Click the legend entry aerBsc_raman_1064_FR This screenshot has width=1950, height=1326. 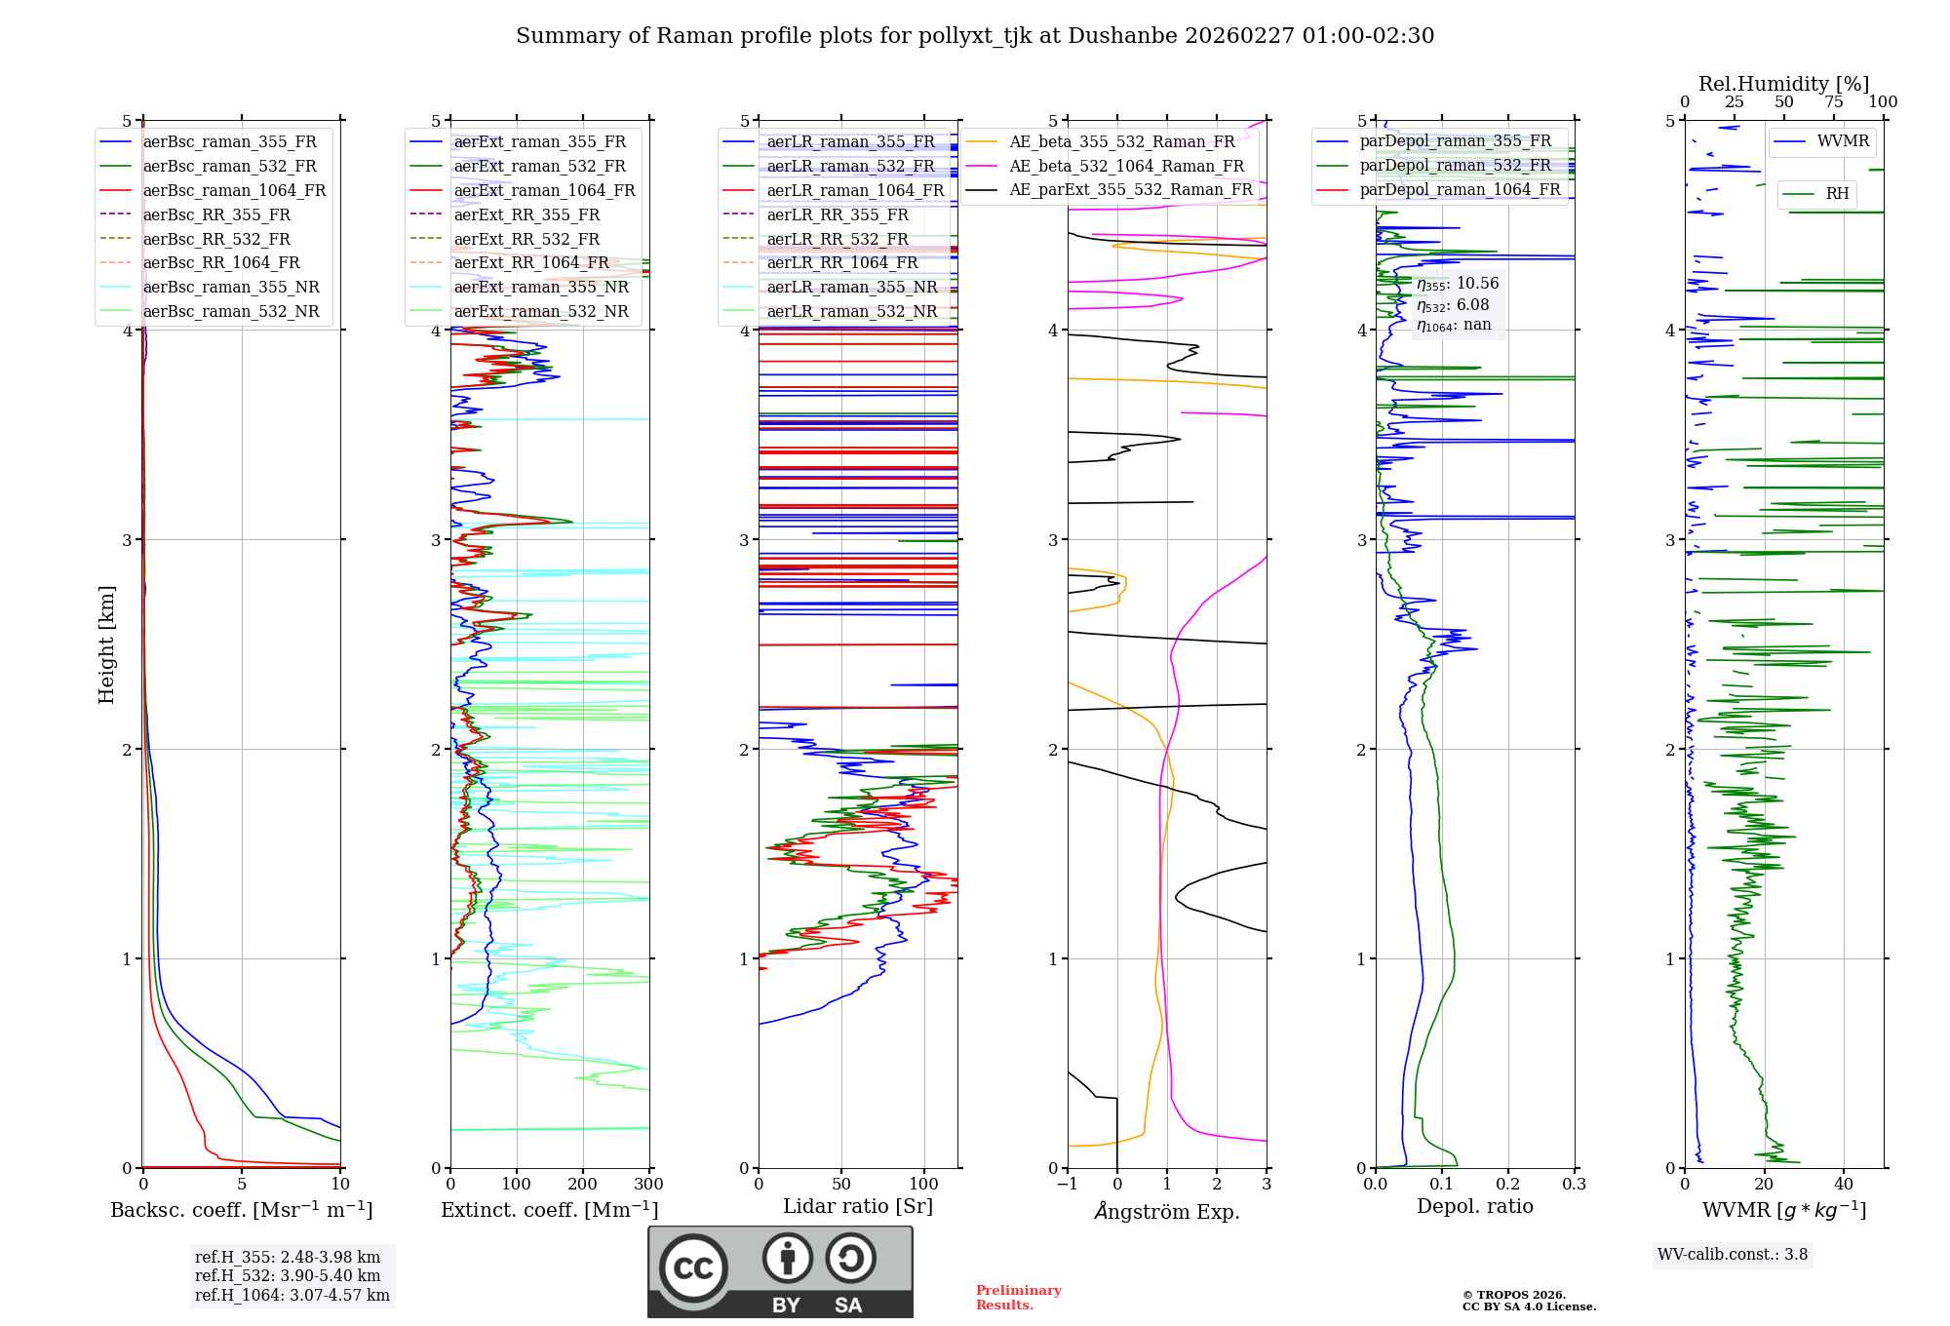pyautogui.click(x=234, y=191)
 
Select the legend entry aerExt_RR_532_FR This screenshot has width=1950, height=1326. pyautogui.click(x=526, y=239)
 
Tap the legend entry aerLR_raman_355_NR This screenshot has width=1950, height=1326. pyautogui.click(x=851, y=288)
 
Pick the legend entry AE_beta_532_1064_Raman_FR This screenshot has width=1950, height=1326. pyautogui.click(x=1126, y=166)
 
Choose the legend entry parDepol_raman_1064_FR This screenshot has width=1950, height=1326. pyautogui.click(x=1460, y=189)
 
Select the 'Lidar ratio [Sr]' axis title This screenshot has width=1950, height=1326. pyautogui.click(x=857, y=1206)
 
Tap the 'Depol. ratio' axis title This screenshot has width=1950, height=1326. pyautogui.click(x=1474, y=1206)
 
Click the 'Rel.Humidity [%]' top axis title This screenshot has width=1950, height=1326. pyautogui.click(x=1783, y=84)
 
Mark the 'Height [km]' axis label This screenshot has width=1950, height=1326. pyautogui.click(x=106, y=644)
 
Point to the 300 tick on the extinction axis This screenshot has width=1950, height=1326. pyautogui.click(x=648, y=1185)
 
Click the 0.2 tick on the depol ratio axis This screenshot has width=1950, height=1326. pyautogui.click(x=1507, y=1185)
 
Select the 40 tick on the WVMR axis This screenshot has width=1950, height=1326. pyautogui.click(x=1843, y=1185)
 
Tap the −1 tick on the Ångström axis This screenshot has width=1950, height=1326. pyautogui.click(x=1067, y=1185)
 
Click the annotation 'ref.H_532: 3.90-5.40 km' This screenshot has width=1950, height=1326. pyautogui.click(x=287, y=1275)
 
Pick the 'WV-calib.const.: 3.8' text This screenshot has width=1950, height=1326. pyautogui.click(x=1732, y=1255)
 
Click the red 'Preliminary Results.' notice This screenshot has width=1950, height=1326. pyautogui.click(x=1018, y=1298)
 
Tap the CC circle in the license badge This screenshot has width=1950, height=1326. pyautogui.click(x=693, y=1267)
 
